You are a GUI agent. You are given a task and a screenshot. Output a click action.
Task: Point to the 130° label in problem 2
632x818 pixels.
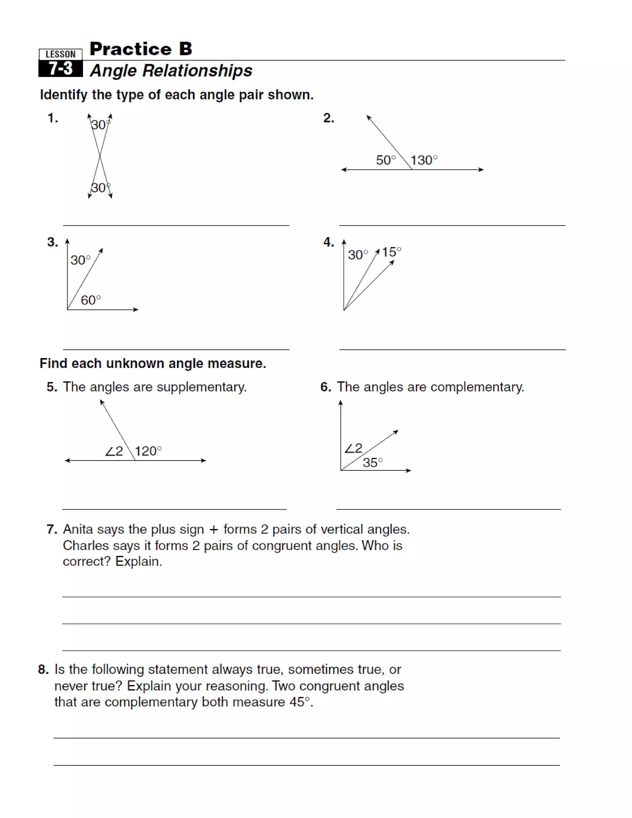tap(424, 160)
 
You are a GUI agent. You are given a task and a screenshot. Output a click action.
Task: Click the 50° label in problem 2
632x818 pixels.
tap(386, 160)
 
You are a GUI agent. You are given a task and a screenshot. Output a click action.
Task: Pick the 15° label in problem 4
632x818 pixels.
tap(391, 252)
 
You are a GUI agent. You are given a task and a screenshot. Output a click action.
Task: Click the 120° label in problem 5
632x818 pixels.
tap(148, 451)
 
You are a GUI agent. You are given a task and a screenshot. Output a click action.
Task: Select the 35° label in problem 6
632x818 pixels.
tap(372, 463)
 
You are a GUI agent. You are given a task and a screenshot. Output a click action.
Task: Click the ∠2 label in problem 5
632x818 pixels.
tap(114, 451)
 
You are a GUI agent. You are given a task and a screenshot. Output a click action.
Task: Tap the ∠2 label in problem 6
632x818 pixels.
tap(353, 448)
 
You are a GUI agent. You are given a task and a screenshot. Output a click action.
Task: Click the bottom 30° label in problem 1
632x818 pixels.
tap(100, 188)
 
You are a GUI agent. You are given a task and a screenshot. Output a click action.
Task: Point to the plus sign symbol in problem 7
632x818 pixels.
tap(214, 530)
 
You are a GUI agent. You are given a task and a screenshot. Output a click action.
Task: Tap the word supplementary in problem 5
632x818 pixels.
tap(202, 387)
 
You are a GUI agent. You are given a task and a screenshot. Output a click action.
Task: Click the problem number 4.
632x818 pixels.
tap(328, 242)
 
